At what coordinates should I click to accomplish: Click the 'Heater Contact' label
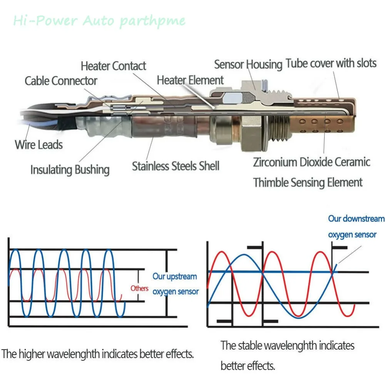114,66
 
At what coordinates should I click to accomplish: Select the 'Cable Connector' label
61,81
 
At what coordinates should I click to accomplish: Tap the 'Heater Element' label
190,80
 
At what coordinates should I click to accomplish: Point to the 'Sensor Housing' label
248,64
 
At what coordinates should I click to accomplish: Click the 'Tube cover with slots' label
331,63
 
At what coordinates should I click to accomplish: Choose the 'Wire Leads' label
38,145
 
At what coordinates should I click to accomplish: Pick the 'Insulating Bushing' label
70,170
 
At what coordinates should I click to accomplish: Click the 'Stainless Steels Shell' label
176,166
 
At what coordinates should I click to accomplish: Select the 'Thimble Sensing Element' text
308,182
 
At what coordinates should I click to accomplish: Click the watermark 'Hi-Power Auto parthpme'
99,21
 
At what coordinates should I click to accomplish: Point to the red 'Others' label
139,288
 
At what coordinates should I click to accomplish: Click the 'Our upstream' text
174,276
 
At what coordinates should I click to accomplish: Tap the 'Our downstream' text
356,219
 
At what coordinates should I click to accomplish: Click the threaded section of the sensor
279,128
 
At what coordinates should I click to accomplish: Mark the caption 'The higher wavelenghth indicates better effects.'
97,354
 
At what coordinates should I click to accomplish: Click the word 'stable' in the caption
250,345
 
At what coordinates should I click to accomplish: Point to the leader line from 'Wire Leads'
27,132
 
